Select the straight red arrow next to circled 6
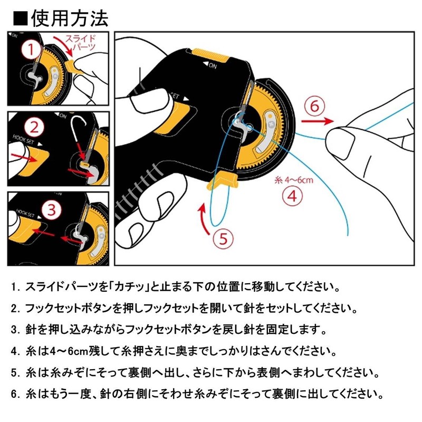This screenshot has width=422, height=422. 316,121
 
